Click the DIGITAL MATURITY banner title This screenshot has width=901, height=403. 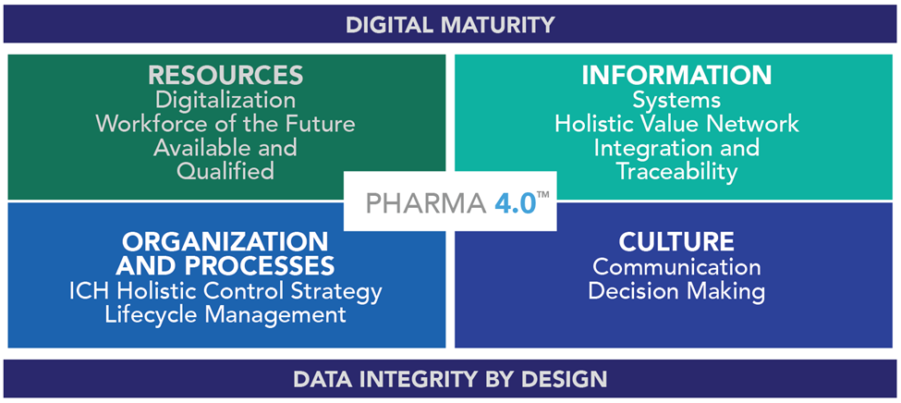(x=450, y=24)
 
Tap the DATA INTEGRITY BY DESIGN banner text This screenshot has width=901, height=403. (x=450, y=379)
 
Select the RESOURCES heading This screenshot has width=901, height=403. (x=225, y=75)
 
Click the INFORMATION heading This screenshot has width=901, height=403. (x=676, y=75)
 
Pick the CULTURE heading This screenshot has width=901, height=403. (x=676, y=242)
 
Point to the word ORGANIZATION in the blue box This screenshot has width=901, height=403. (x=225, y=242)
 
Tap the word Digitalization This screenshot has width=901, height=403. (x=225, y=101)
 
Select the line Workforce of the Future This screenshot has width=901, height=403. (x=225, y=124)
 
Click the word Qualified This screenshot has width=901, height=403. (x=225, y=172)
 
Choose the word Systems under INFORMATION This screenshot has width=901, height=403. (x=676, y=101)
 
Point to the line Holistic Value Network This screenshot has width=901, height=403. (x=676, y=124)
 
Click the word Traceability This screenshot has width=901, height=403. (x=676, y=172)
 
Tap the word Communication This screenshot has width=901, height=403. (x=676, y=267)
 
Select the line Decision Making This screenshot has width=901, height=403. (x=676, y=291)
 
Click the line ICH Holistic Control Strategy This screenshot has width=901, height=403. (x=225, y=291)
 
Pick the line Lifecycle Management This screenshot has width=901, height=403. (x=225, y=315)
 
